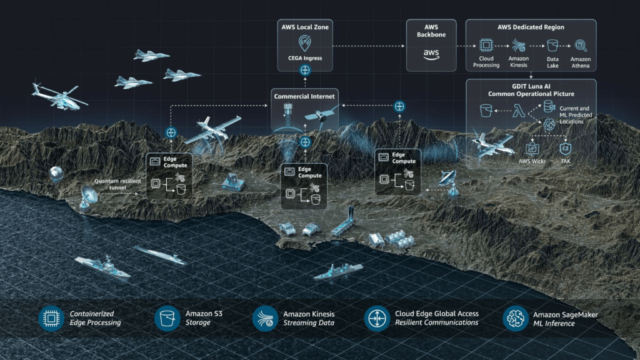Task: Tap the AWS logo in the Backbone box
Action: point(431,53)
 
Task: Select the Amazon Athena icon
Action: point(581,45)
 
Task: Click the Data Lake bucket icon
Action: point(552,45)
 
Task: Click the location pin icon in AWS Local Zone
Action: point(304,42)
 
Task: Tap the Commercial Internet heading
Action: point(304,96)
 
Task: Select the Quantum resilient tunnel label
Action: point(118,185)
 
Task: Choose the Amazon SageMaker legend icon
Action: point(516,318)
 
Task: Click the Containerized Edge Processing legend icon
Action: point(51,318)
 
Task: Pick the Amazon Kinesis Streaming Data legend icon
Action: point(265,318)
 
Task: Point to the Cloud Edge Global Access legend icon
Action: point(377,318)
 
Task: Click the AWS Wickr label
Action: point(532,161)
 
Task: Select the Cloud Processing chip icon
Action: point(486,45)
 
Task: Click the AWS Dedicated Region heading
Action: point(531,27)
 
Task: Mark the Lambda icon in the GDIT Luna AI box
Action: point(517,111)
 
